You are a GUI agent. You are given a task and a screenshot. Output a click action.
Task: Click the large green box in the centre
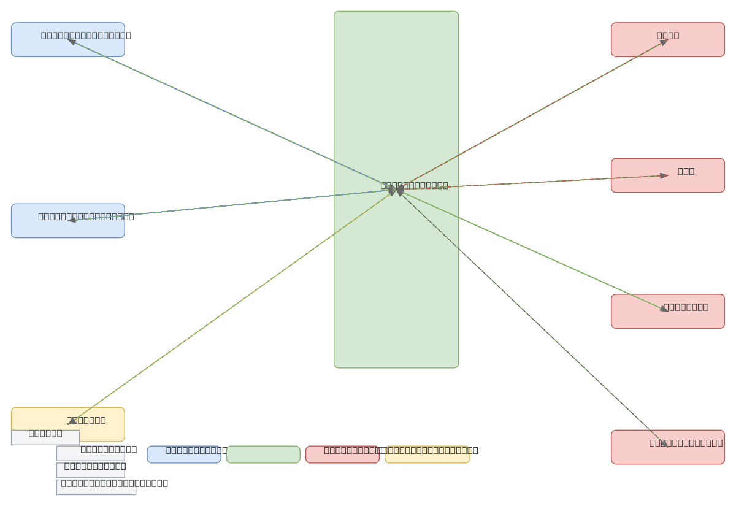[396, 276]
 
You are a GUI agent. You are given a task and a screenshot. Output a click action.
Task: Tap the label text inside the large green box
[414, 185]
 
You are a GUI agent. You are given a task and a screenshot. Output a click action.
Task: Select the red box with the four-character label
[667, 40]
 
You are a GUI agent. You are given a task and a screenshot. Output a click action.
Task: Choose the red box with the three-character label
[667, 175]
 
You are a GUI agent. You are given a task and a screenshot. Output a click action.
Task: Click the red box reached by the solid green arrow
[667, 311]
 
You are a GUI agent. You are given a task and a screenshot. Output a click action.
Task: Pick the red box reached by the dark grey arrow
[667, 447]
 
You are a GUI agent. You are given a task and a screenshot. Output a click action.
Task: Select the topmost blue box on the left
[67, 40]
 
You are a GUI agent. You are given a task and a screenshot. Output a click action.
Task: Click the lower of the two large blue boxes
[67, 221]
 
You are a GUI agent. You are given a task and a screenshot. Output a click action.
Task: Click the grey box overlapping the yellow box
[45, 437]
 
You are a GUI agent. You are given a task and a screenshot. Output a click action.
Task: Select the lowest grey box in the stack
[96, 487]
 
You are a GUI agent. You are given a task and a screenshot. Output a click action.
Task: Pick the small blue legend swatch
[183, 454]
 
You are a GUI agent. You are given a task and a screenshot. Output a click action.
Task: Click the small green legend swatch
[263, 454]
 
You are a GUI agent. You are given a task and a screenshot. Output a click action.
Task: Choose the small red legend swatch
[342, 454]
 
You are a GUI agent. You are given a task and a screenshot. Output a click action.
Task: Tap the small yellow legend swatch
[427, 454]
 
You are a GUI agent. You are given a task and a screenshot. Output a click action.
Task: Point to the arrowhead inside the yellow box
[72, 421]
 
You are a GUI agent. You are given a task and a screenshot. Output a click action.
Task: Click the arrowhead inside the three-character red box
[664, 176]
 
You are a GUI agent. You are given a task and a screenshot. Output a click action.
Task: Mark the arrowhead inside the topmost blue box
[72, 42]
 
